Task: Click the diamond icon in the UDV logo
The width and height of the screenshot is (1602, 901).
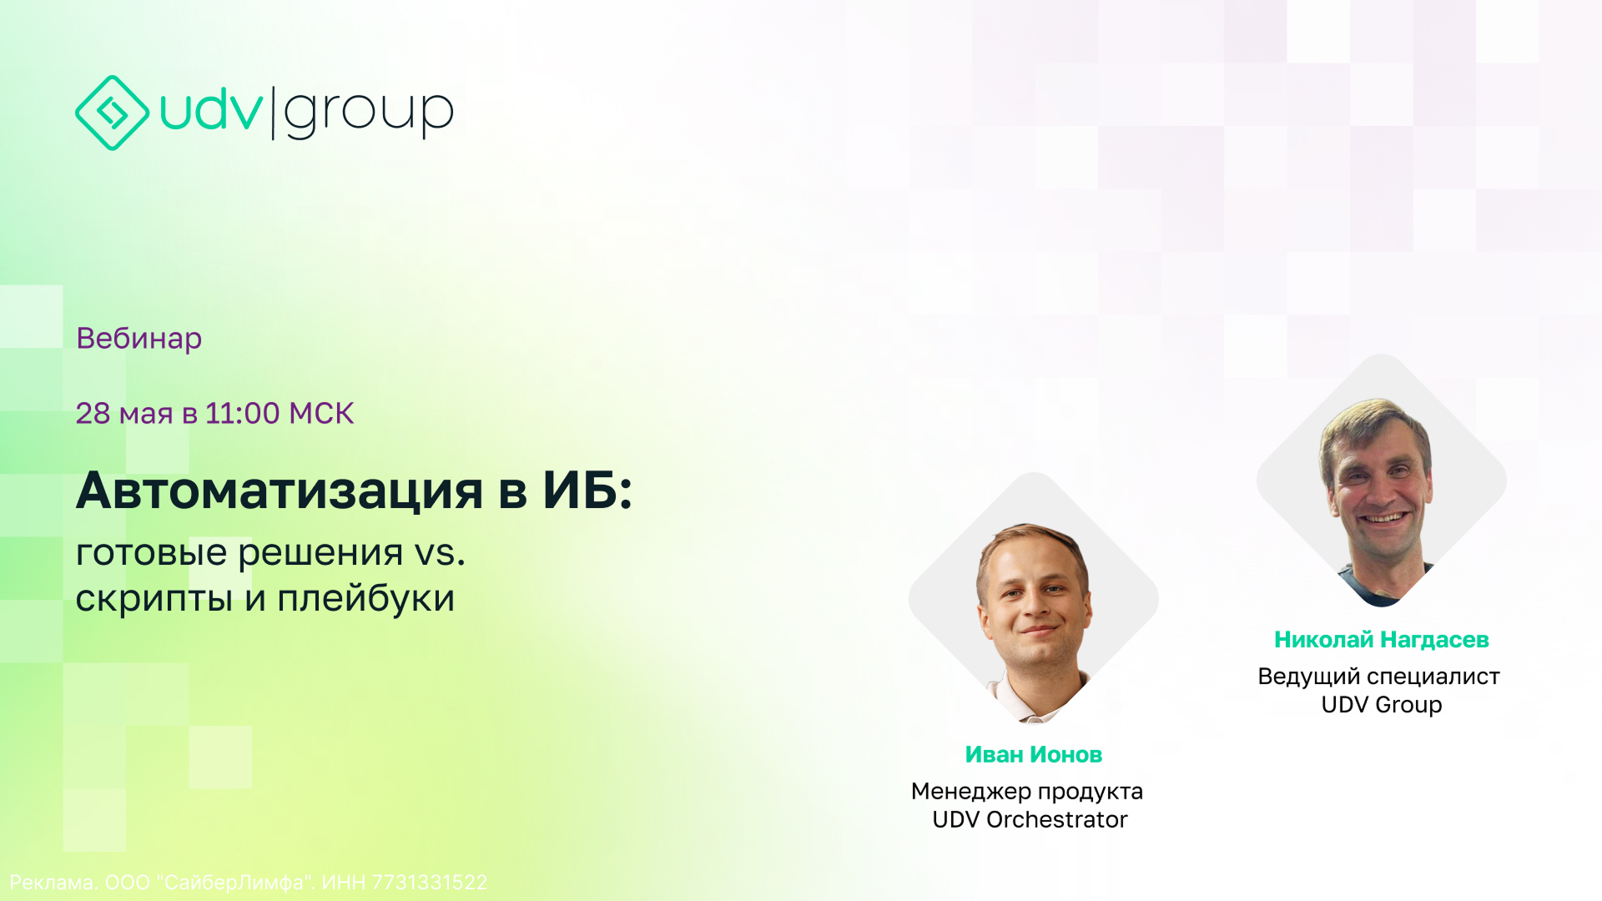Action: coord(112,113)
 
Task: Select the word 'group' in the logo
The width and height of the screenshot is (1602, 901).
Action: coord(369,113)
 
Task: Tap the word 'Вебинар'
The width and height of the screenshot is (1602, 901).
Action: coord(139,339)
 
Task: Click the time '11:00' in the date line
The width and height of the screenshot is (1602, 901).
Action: coord(242,413)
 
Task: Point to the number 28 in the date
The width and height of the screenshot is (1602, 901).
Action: coord(93,413)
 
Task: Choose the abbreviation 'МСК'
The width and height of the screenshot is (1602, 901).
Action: coord(321,413)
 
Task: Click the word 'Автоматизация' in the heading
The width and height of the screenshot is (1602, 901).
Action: coord(280,491)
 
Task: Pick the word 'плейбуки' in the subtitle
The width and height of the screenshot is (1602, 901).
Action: coord(365,598)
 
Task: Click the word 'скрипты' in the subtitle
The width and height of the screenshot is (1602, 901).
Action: coord(154,600)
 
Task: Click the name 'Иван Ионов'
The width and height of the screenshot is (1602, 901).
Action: coord(1034,754)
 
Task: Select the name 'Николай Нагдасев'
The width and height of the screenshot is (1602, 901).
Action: coord(1382,639)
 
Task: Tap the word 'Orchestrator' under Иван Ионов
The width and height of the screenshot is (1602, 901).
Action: coord(1056,819)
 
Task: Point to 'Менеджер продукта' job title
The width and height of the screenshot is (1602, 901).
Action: coord(1027,791)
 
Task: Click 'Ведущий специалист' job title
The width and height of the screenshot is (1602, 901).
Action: coord(1378,676)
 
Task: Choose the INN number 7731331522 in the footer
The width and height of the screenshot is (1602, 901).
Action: coord(429,882)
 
